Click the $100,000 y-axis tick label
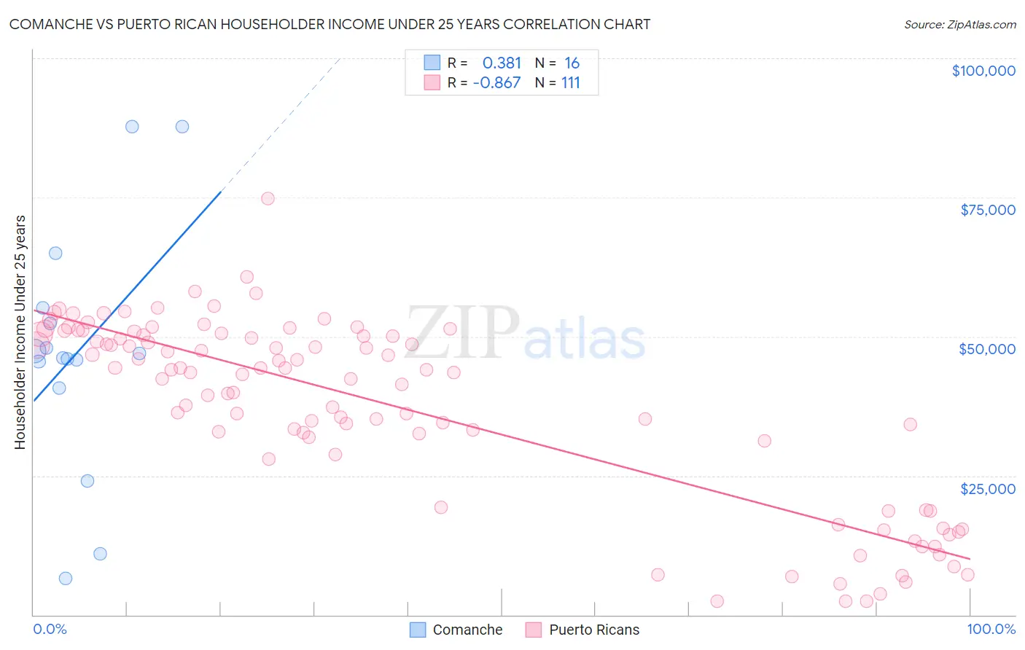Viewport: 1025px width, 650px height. click(983, 71)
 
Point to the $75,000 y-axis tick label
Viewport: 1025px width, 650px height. click(987, 210)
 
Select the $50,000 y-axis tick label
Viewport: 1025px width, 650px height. click(986, 349)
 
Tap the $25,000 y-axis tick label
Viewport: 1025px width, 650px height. click(987, 488)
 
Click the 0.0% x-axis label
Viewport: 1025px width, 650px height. click(50, 629)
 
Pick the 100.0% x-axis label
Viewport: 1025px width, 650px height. click(991, 629)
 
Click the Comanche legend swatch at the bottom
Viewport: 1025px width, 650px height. click(418, 630)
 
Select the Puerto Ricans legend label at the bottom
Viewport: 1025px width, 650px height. click(594, 630)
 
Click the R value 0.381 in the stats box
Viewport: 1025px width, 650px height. click(502, 63)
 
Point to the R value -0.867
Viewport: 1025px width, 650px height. click(496, 83)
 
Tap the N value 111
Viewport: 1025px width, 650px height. click(570, 83)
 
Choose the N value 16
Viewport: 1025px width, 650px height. click(572, 63)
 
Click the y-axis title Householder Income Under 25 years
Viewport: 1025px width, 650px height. click(20, 332)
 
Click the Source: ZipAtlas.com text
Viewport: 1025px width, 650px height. click(959, 25)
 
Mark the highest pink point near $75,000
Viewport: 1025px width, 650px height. click(268, 198)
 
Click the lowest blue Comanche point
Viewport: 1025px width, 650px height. click(66, 578)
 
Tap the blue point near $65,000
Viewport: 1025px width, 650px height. click(55, 253)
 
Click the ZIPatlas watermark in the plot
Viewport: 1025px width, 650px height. click(525, 334)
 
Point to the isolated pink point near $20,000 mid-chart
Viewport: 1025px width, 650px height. click(440, 507)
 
